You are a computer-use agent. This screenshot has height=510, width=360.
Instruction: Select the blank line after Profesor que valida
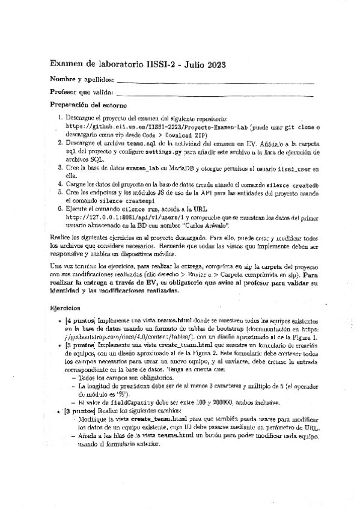pos(215,94)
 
